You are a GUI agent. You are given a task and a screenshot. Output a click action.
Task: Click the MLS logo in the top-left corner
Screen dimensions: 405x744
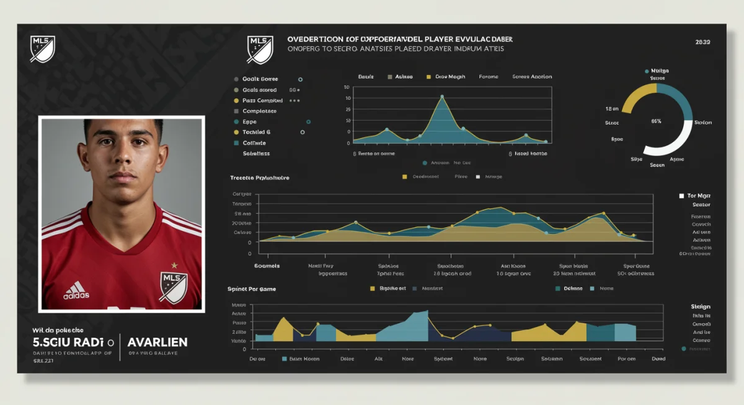point(43,48)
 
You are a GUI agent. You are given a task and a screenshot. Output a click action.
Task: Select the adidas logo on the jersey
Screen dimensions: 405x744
point(76,290)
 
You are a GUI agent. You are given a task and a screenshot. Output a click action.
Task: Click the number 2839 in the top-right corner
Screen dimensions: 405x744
point(702,42)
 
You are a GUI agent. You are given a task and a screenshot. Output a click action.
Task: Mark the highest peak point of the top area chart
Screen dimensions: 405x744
point(441,97)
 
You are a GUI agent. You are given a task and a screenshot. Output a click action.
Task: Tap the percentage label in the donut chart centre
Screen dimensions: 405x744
point(656,121)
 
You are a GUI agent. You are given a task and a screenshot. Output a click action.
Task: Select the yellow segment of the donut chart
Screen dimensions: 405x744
point(636,97)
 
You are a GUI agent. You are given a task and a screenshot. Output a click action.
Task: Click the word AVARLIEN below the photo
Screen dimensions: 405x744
point(157,342)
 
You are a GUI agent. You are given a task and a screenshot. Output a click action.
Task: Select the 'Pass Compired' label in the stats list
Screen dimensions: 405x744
point(262,100)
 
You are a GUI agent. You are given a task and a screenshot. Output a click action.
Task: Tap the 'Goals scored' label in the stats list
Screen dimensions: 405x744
point(260,90)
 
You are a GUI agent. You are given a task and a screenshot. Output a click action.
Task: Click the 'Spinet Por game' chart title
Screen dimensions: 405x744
point(252,289)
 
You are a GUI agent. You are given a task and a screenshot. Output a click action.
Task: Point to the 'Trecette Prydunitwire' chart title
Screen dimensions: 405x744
point(259,178)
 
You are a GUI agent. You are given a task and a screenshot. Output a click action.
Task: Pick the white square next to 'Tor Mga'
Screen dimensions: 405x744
point(681,195)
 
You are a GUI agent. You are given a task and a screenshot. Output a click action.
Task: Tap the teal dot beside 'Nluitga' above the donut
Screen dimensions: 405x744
point(647,71)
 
